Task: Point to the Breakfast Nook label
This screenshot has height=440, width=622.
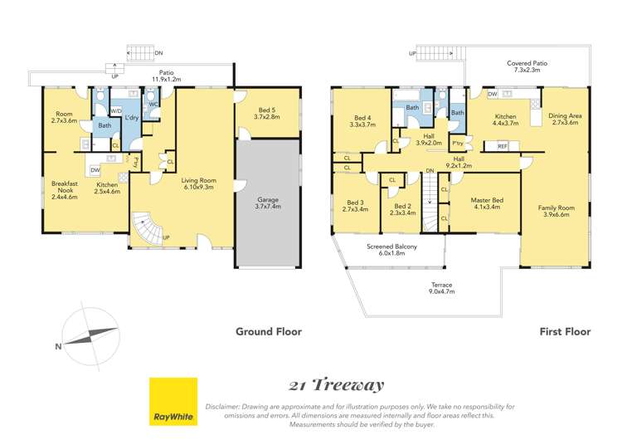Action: coord(64,189)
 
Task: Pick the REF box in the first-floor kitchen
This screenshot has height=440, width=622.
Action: coord(503,146)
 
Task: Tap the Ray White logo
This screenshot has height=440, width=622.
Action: coord(173,402)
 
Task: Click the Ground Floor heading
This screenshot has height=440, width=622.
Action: coord(268,331)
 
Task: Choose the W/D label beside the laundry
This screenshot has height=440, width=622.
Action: coord(116,111)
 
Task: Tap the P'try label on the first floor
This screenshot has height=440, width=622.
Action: coord(457,144)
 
